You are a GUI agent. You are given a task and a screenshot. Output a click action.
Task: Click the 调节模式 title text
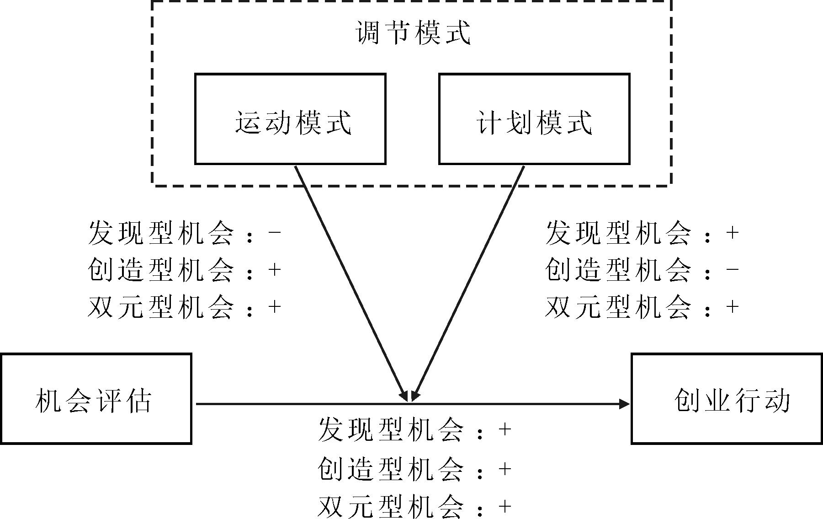pos(413,33)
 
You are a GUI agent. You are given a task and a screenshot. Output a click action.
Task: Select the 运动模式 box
pos(290,119)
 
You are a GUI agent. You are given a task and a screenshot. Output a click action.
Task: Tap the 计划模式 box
pos(534,119)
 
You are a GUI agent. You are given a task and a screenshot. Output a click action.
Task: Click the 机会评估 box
pos(96,399)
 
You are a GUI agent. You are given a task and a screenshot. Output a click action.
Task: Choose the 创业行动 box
pos(727,399)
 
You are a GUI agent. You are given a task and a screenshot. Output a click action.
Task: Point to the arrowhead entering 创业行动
pos(624,404)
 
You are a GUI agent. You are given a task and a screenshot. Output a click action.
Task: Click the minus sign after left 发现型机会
pos(275,232)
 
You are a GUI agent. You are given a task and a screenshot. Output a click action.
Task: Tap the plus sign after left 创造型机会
pos(275,270)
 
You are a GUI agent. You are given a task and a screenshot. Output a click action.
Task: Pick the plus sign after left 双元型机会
pos(275,306)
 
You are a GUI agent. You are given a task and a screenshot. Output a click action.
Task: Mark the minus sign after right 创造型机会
pos(733,269)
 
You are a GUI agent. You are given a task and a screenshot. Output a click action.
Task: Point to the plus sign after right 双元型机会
pos(733,306)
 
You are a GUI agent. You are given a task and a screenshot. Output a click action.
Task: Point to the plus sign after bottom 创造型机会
pos(505,469)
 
